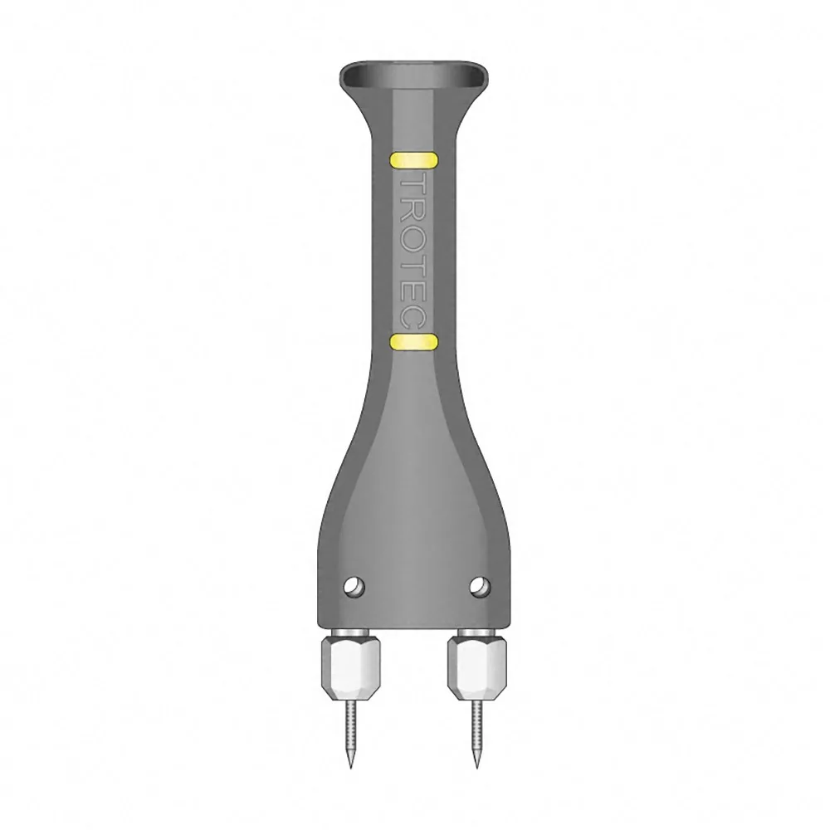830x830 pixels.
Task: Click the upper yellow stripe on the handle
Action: (x=413, y=160)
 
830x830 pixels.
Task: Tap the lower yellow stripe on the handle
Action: (x=413, y=342)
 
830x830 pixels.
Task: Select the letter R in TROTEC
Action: (x=413, y=217)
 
